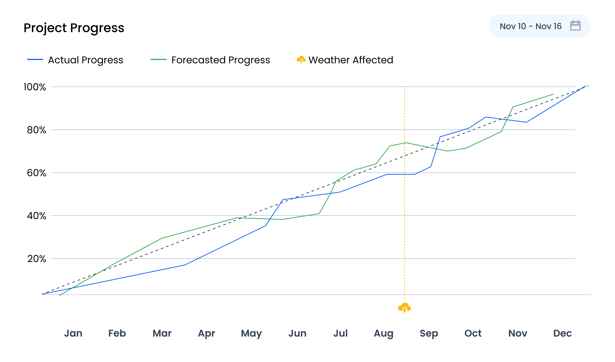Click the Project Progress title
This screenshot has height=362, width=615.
pos(74,28)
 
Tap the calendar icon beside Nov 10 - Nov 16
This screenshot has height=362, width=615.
pos(575,26)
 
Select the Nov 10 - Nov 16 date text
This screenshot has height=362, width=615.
pos(530,26)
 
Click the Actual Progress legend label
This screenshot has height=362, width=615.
pos(85,60)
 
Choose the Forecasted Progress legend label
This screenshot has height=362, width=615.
pos(220,60)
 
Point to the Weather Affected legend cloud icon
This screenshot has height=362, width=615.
pos(301,60)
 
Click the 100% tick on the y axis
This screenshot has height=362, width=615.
pos(35,87)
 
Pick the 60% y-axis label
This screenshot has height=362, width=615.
pos(36,173)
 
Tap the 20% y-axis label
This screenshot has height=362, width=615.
pos(36,259)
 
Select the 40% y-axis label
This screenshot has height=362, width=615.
pos(36,216)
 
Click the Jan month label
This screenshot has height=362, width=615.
pos(73,333)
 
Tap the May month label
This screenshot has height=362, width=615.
pos(251,333)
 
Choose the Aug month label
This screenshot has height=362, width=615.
pos(383,333)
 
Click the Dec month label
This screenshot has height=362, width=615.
pos(562,333)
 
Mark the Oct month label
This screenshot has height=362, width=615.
pos(473,333)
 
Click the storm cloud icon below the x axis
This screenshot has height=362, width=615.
pos(404,308)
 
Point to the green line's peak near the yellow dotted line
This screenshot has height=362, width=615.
pos(406,143)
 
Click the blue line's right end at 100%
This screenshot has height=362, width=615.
pos(585,86)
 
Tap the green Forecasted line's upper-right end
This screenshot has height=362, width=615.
pos(553,94)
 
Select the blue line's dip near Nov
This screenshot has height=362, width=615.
pos(526,122)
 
